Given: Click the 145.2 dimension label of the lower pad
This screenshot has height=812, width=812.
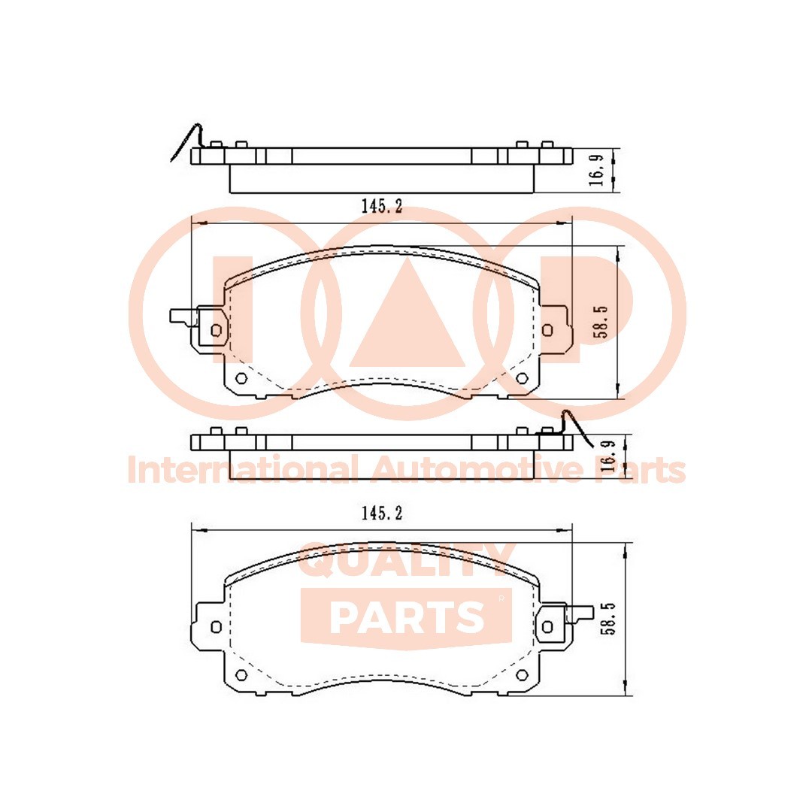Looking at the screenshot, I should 382,514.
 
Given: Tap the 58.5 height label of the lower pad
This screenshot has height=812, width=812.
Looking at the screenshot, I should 610,619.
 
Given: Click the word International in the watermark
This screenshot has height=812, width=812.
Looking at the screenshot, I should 241,471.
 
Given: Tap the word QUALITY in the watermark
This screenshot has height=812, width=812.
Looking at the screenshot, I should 406,561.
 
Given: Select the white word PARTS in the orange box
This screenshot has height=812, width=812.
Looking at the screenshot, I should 407,617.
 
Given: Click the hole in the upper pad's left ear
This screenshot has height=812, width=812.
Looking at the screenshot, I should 217,329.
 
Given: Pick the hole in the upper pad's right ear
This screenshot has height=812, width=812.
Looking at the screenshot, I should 547,329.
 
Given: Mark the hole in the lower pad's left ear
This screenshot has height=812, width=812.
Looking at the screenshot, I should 217,626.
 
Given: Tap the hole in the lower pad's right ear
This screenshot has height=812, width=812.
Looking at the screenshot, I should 547,626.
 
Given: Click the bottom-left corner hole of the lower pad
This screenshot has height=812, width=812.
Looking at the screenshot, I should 241,674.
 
